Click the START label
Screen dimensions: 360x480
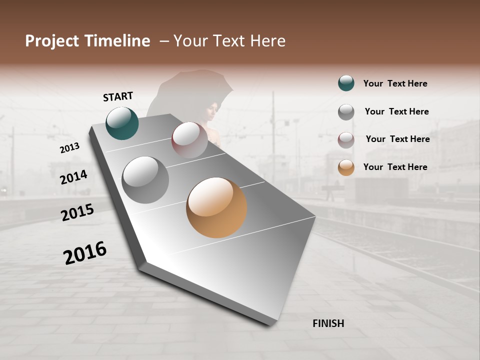tap(118, 96)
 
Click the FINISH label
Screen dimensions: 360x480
tap(328, 323)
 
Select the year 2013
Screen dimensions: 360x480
tap(70, 147)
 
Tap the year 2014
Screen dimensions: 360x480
tap(74, 177)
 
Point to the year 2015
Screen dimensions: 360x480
tap(77, 212)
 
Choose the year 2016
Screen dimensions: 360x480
tap(85, 253)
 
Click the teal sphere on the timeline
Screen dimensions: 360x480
tap(122, 123)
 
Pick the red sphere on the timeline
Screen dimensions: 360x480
tap(189, 140)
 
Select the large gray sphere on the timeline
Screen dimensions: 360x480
tap(145, 179)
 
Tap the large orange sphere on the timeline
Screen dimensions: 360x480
tap(216, 207)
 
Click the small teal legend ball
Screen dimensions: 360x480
tap(346, 83)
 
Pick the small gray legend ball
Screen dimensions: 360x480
tap(346, 112)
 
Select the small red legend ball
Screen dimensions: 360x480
tap(346, 140)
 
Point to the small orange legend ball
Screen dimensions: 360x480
tap(346, 167)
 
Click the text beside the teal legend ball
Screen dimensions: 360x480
tap(395, 83)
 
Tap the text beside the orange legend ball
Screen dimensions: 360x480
tap(395, 167)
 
